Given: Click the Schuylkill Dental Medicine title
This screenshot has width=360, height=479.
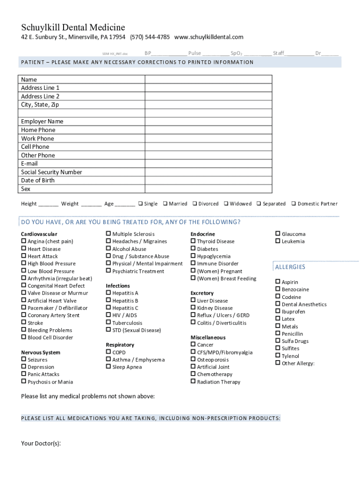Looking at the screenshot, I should [73, 28].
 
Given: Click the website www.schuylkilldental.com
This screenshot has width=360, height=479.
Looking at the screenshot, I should [209, 37].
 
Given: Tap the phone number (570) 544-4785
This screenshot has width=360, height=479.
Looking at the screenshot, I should [150, 37].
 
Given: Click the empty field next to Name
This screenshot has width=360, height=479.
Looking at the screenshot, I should [208, 80].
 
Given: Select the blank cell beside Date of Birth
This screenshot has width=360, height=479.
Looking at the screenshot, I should [208, 181].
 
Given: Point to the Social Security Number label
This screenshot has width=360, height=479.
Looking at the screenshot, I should [51, 172].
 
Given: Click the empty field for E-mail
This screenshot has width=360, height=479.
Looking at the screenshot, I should [208, 164].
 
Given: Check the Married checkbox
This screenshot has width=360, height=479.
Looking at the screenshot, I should [166, 203].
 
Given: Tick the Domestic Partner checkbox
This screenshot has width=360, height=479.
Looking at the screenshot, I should [294, 203].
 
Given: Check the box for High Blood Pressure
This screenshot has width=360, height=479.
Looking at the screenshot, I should [24, 264].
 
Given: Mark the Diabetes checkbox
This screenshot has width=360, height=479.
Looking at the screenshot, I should [193, 249].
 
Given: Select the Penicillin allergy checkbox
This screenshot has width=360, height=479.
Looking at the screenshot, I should [278, 334].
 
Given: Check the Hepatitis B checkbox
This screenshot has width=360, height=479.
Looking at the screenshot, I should [108, 301].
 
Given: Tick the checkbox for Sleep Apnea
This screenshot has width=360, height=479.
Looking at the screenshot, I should [108, 367].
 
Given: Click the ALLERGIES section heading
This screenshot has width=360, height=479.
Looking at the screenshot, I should [290, 267].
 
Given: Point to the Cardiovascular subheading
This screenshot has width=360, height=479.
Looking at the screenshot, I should [39, 234].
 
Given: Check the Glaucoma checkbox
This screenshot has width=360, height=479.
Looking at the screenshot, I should [278, 234].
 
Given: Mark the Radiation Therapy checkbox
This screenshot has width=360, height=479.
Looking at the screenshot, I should [193, 382].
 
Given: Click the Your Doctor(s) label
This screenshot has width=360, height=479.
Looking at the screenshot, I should [41, 443].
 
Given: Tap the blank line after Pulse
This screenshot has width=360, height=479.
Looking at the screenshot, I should [216, 54].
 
